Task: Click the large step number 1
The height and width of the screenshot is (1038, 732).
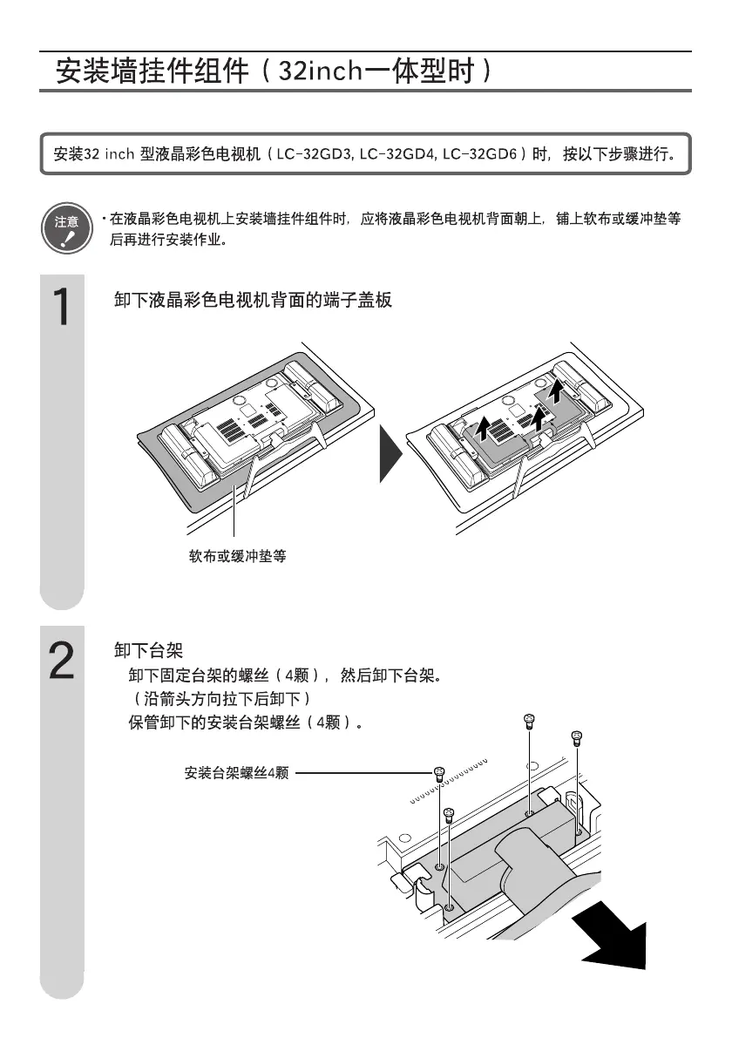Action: tap(61, 307)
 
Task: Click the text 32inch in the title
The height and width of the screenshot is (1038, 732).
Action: tap(318, 70)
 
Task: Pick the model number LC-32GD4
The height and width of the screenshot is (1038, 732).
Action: tap(397, 154)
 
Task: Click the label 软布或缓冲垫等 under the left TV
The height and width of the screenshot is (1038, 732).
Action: tap(238, 555)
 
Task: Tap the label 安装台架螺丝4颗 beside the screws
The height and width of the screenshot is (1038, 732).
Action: tap(236, 772)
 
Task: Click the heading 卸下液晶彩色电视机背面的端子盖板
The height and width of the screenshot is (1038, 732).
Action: tap(254, 301)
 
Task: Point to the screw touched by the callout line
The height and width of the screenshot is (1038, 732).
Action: tap(440, 773)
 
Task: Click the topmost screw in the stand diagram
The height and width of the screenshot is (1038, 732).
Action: tap(529, 721)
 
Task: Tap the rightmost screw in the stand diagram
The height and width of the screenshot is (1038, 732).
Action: tap(575, 737)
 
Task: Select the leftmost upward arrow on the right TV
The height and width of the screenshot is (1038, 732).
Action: tap(479, 428)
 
